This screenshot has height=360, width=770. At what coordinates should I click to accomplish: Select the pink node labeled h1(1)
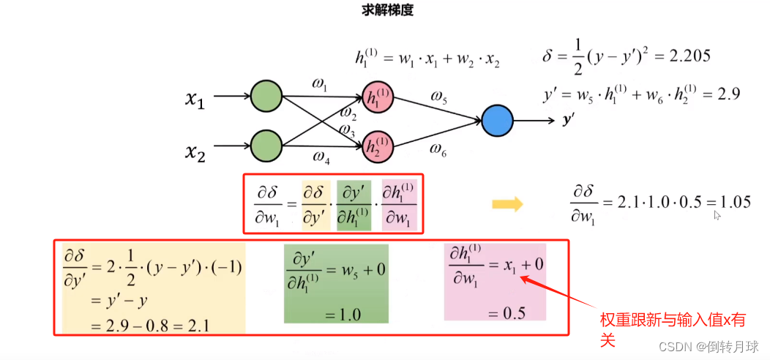click(x=378, y=97)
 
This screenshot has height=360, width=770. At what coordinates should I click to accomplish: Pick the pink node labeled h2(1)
click(x=378, y=146)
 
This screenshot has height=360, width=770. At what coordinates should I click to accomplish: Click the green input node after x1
click(x=266, y=96)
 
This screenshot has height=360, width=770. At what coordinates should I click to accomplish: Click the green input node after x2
click(x=266, y=144)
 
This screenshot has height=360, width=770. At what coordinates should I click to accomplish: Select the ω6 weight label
click(x=438, y=150)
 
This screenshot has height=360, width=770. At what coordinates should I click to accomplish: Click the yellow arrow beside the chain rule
click(x=507, y=203)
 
